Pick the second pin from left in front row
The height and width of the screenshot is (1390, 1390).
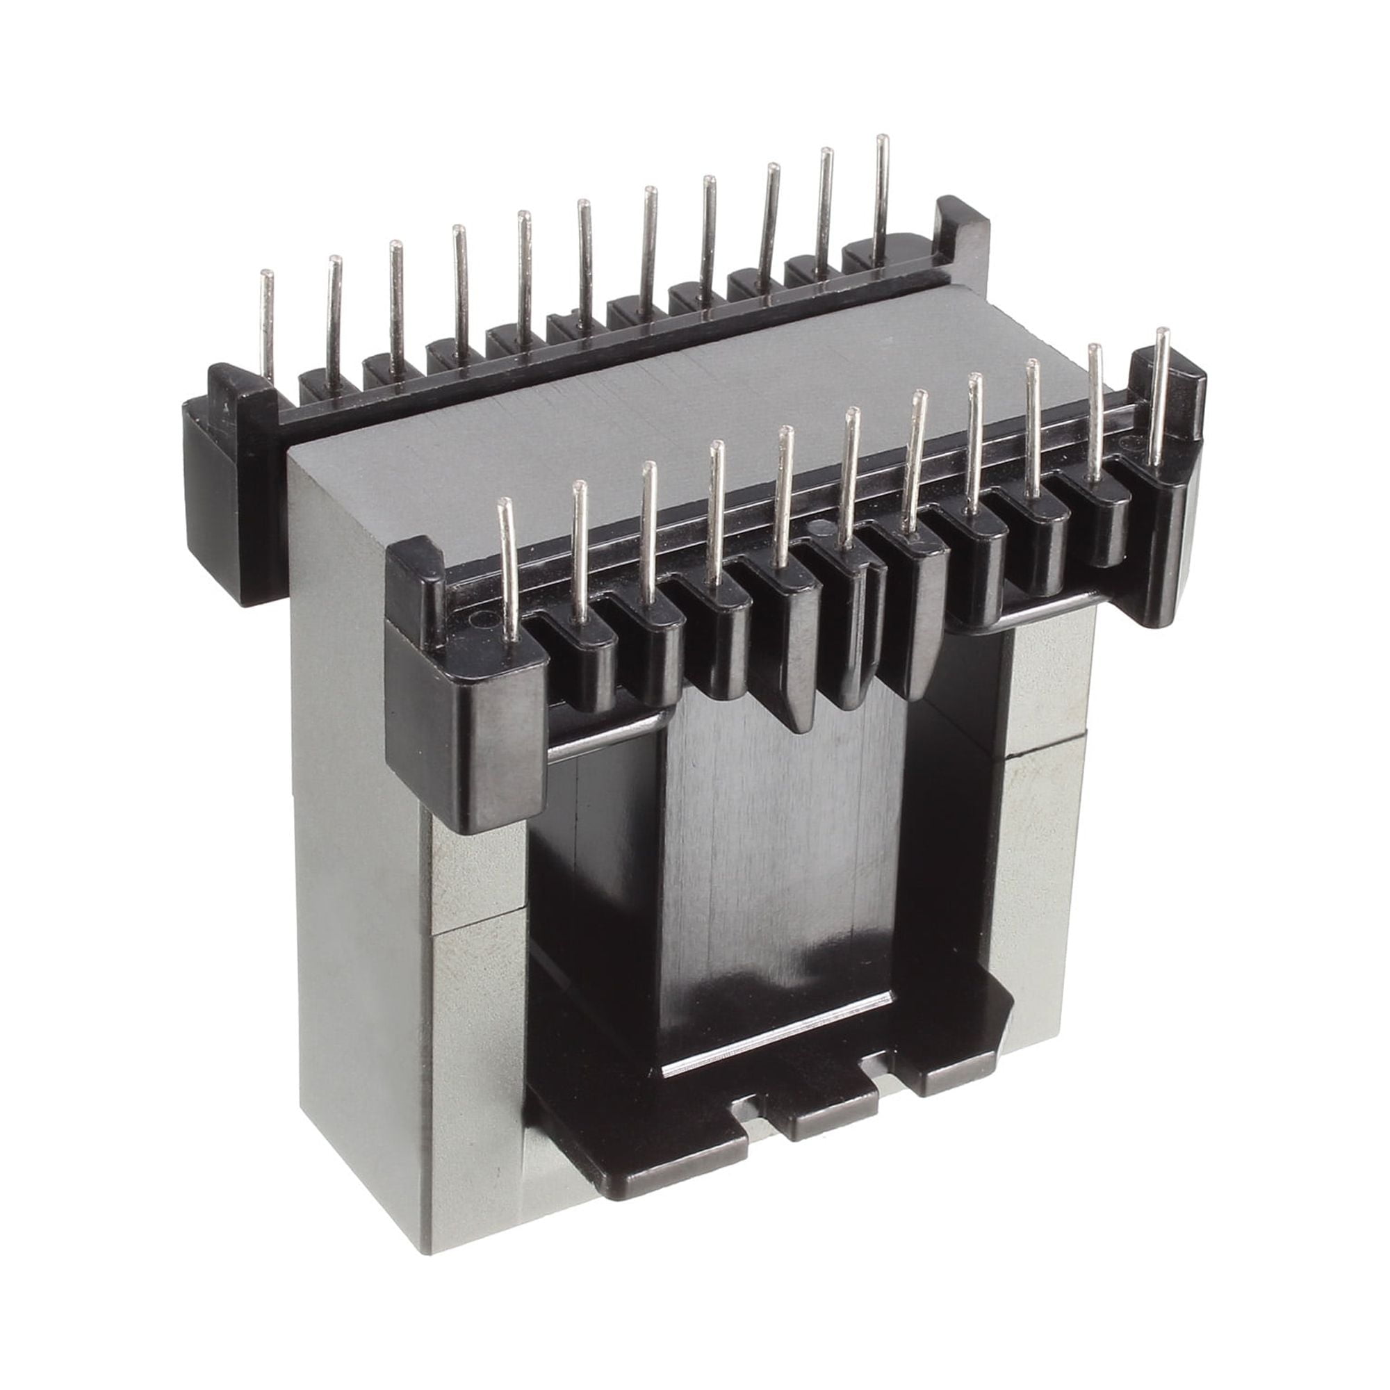578,547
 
